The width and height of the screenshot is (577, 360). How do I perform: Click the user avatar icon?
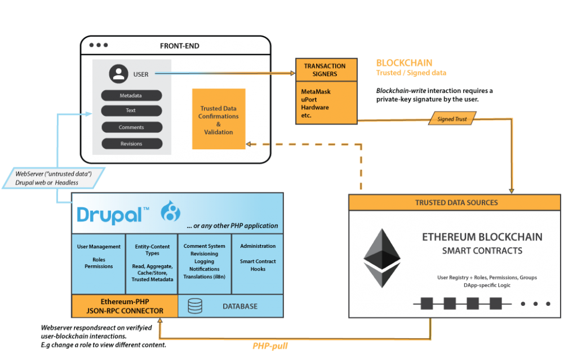[118, 74]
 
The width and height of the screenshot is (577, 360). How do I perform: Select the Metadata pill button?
[131, 96]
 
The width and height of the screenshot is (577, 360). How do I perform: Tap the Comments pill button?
[131, 127]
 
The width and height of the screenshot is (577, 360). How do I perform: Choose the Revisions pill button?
[131, 144]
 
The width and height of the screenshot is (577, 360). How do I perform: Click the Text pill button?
[131, 110]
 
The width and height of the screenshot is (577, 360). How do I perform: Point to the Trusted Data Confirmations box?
[219, 119]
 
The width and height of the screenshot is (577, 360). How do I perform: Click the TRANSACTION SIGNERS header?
[325, 70]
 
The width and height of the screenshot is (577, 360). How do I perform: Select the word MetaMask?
[316, 91]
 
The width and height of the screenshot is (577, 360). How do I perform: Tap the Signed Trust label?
[452, 119]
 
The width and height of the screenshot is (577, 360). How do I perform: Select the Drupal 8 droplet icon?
[170, 212]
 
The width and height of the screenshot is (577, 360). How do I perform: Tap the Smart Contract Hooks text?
[258, 265]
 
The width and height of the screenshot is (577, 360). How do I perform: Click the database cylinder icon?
[195, 306]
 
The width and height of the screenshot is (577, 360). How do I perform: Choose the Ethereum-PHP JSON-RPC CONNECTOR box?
[125, 306]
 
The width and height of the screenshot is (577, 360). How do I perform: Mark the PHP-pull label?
[270, 345]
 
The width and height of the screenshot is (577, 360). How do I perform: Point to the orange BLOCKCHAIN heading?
[404, 63]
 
